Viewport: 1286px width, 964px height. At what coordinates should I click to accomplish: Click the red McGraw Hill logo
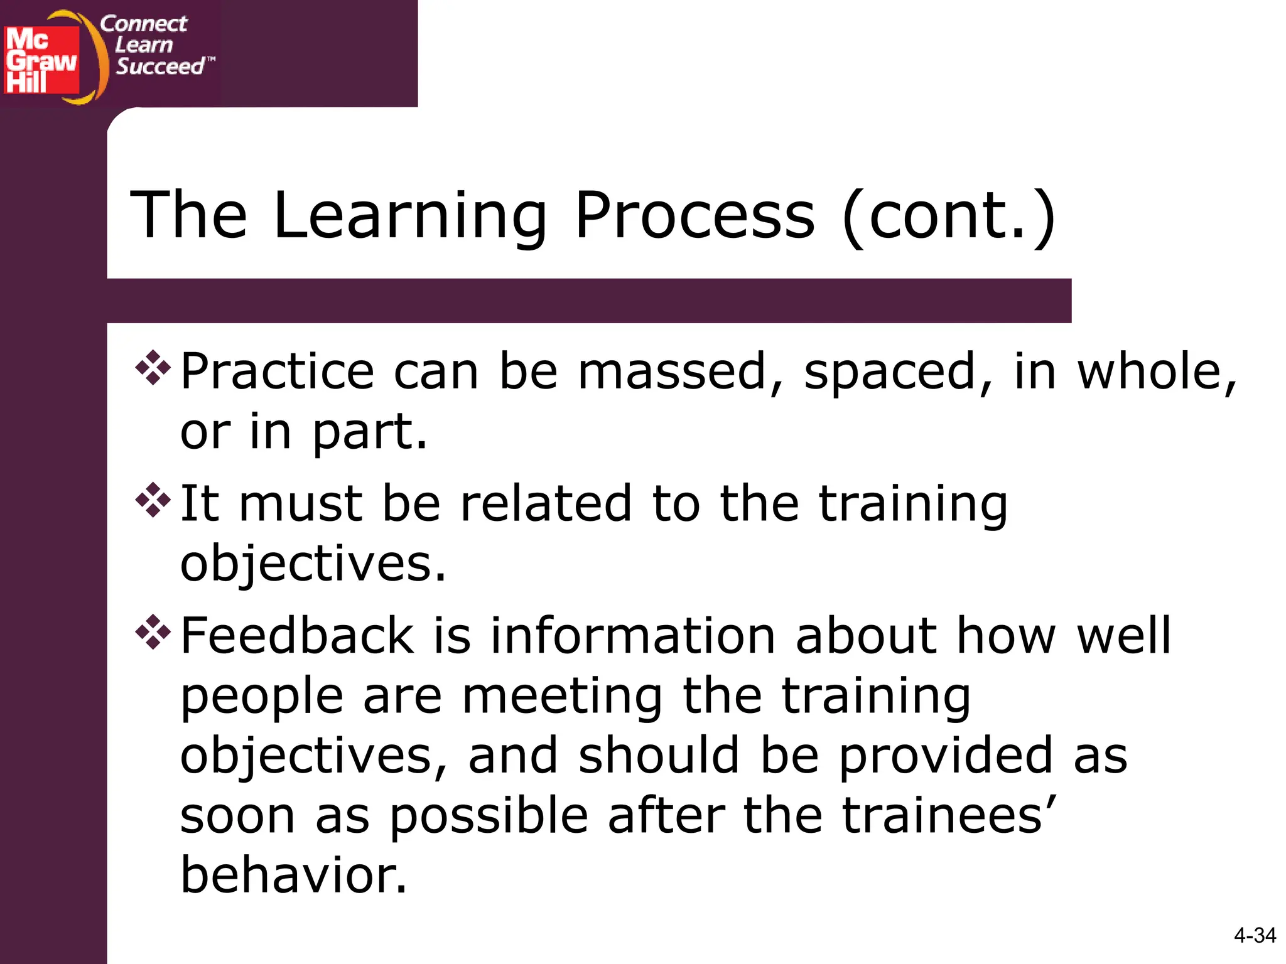[41, 60]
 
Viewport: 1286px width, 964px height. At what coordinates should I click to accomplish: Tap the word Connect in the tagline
[143, 24]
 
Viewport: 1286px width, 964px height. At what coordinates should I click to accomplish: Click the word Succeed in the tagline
[160, 66]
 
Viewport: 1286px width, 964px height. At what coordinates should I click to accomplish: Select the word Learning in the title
[410, 217]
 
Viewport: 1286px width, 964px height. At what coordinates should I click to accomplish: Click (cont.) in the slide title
[949, 217]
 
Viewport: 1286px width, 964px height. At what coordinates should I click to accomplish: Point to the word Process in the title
[694, 217]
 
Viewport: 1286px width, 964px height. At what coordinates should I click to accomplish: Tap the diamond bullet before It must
[153, 500]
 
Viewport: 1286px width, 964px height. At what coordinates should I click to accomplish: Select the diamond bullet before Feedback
[153, 632]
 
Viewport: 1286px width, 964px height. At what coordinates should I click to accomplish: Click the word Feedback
[297, 636]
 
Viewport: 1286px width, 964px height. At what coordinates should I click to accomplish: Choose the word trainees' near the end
[949, 815]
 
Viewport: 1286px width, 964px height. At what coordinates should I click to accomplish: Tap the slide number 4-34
[1254, 935]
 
